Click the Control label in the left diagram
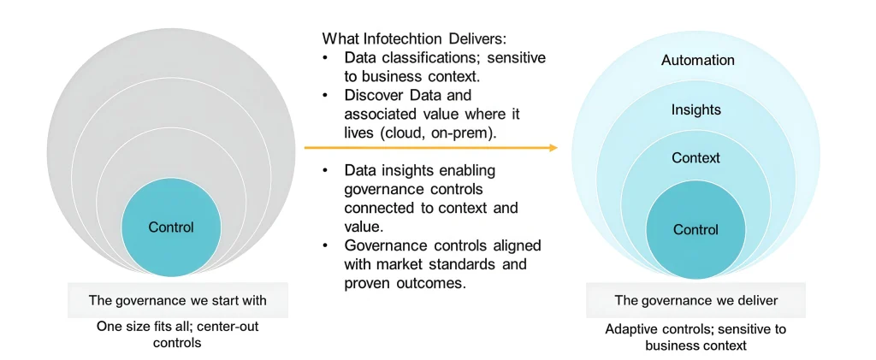coord(171,227)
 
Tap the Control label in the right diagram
coord(695,229)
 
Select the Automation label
coord(698,60)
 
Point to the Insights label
coord(696,110)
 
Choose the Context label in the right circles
coord(696,158)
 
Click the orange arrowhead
coord(553,148)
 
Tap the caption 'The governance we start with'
coord(178,300)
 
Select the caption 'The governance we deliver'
coord(696,300)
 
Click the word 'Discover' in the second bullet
coord(370,96)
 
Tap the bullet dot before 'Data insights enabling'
coord(325,169)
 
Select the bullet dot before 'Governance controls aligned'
coord(325,245)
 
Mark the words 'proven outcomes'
coord(405,282)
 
